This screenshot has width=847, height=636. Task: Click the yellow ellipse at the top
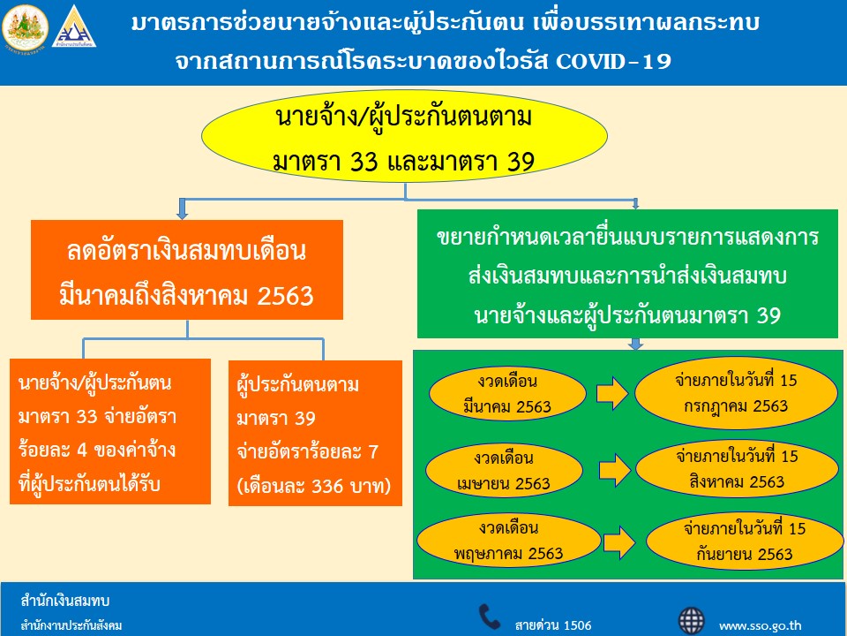point(405,136)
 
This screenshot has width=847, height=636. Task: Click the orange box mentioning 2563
point(187,270)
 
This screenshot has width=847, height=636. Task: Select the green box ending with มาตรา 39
point(627,274)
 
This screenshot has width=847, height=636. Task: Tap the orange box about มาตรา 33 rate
point(110,432)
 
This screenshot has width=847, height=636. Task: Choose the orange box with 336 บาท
point(316,433)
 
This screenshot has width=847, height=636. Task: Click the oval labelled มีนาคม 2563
point(507,394)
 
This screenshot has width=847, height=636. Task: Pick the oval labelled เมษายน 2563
point(505,471)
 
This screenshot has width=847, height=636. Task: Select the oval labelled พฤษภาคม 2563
point(509,541)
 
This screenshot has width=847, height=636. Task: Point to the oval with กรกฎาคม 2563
point(736,393)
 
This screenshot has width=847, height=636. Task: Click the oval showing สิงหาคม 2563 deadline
point(737,469)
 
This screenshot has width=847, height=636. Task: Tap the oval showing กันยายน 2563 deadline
point(745,541)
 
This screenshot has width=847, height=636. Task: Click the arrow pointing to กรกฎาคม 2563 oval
point(612,393)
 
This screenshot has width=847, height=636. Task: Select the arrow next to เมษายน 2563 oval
point(615,469)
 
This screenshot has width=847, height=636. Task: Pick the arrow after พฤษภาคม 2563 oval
point(619,541)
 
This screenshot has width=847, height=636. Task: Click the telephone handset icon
point(490,617)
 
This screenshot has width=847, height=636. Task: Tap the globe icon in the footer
point(692,621)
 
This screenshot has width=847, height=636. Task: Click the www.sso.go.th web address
point(760,625)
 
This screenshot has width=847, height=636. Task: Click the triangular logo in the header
point(74,27)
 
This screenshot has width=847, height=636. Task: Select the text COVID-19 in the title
point(613,61)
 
